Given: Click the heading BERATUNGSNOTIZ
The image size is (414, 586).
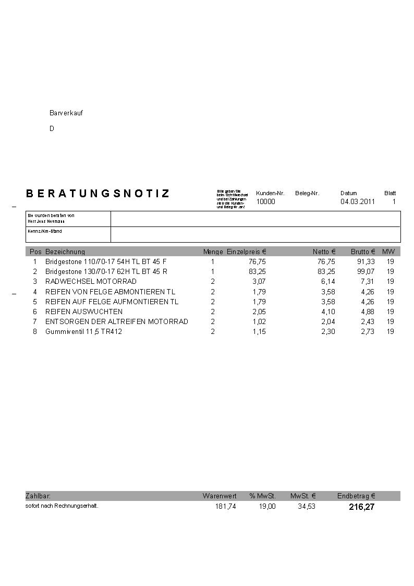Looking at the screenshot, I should coord(98,194).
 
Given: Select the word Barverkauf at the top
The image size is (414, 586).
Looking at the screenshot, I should coord(66,113).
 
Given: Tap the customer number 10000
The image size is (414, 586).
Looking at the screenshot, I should coord(265,201).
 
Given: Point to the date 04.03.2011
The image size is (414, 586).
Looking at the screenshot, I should coord(358,201).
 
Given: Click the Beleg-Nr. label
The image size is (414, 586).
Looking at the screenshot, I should coord(307,193).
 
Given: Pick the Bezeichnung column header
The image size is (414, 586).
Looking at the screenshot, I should coord(65,252).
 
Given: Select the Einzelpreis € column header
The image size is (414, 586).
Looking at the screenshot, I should coord(247,252).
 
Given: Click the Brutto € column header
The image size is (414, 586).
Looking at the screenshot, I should coord(363,252).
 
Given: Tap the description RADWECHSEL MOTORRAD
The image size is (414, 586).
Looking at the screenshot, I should coord(91,281).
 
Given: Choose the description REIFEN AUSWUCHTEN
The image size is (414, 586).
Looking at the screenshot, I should coord(84,312).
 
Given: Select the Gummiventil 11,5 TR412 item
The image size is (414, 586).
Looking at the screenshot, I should coord(83,331).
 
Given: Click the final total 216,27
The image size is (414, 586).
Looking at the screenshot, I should coord(361,507).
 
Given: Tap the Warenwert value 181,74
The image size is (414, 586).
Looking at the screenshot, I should coord(225,506).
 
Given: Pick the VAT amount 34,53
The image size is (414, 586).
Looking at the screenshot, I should coord(307,506).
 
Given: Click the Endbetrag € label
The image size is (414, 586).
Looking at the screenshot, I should coord(356,496).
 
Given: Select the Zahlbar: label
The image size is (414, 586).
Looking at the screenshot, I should coord(38,496).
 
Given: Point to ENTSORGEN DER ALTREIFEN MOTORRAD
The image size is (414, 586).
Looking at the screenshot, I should coord(116,321).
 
